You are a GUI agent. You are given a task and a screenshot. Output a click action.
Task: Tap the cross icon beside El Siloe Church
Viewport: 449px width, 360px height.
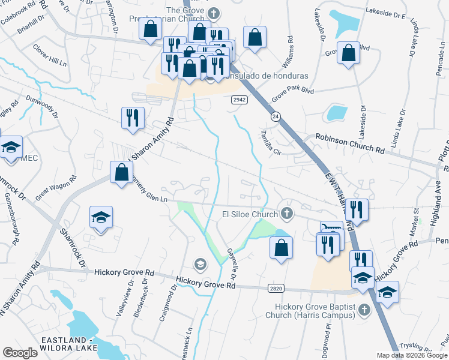click(x=287, y=214)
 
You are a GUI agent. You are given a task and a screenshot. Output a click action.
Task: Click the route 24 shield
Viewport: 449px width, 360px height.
click(x=276, y=115)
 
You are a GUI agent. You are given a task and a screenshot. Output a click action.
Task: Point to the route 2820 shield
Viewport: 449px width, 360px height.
click(x=276, y=289)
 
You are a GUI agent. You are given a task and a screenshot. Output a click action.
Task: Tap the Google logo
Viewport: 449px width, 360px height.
click(x=20, y=352)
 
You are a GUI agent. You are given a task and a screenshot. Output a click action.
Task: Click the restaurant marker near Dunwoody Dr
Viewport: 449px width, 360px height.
click(x=131, y=117)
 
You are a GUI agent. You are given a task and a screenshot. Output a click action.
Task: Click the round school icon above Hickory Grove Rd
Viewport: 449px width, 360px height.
click(x=200, y=264)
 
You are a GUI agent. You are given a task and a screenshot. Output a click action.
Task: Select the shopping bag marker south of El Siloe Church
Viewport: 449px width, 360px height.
click(x=280, y=248)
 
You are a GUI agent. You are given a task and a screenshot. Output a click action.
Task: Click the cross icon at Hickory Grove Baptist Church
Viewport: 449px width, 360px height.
click(x=363, y=310)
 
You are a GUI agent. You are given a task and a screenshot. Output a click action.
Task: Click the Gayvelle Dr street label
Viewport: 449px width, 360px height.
click(x=231, y=265)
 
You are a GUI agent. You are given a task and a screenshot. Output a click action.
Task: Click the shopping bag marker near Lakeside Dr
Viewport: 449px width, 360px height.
click(x=348, y=53)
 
